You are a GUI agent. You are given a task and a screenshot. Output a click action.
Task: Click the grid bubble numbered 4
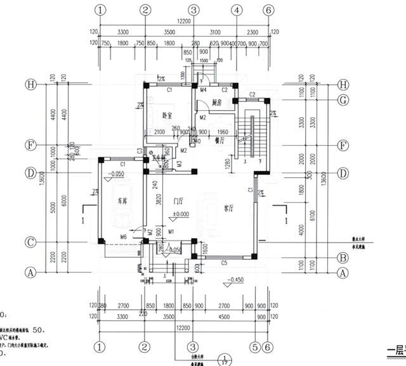[x=236, y=9]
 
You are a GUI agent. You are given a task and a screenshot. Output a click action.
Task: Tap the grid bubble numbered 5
[x=254, y=347]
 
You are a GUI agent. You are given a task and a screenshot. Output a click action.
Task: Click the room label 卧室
[x=168, y=115]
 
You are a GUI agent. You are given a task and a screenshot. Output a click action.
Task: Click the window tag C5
[x=224, y=262]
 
